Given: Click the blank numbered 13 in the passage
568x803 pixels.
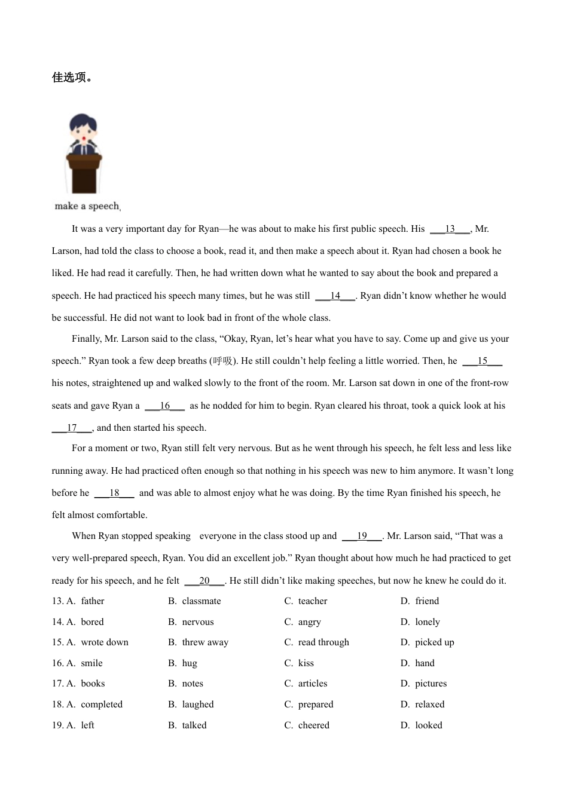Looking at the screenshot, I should coord(450,229).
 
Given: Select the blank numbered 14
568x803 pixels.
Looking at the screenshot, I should coord(335,296).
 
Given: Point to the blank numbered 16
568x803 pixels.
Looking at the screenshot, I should coord(164,406).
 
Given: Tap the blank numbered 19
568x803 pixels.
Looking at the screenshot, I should coord(362,536).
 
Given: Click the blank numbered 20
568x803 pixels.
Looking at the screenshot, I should coord(204,581).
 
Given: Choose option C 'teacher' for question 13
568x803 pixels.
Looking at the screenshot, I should coord(312,601).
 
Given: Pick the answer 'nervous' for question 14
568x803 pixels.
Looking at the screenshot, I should coord(197,622).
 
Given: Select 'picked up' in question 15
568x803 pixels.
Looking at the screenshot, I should coord(434,642).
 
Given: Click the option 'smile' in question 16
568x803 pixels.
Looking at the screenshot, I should coord(91,663).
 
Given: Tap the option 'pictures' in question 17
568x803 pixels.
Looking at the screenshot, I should coord(430,684).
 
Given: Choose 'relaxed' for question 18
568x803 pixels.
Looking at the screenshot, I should coord(429,704).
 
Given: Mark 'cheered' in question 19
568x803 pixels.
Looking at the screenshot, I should coord(313,725).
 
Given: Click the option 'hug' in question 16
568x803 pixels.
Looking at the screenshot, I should coord(189,663).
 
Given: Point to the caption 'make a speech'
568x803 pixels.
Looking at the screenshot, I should coord(87,206).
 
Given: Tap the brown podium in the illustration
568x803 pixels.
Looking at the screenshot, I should coord(84,173).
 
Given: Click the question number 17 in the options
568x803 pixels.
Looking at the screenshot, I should coord(57,684).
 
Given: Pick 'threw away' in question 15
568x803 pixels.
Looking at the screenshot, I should coord(204,642).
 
